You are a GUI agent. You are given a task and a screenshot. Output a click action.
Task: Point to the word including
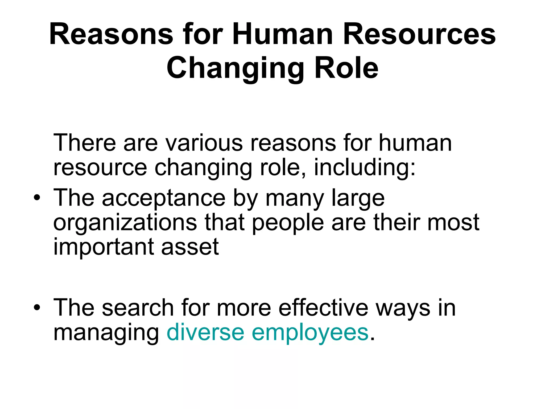365,168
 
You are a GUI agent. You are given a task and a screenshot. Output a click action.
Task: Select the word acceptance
163,198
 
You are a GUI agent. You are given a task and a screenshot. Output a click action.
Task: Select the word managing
106,333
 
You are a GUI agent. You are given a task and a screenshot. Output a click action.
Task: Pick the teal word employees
310,333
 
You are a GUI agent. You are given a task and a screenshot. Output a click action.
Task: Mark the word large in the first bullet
358,198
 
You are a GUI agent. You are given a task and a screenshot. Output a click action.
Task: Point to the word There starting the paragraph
85,143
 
